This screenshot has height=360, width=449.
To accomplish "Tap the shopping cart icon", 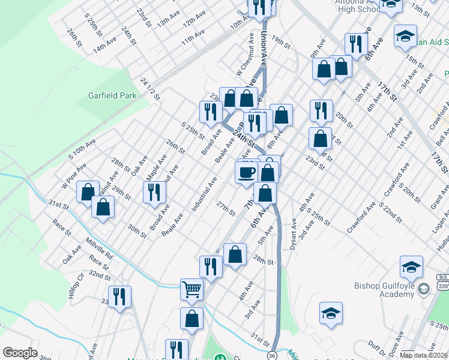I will click(191, 289).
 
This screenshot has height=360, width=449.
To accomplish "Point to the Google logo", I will click(20, 353).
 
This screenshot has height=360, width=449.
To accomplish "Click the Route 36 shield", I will click(272, 355).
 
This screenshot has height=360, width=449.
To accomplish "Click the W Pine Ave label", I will click(74, 174).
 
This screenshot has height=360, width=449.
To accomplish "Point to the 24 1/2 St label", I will click(149, 88).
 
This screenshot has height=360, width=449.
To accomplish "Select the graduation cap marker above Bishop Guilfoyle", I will click(412, 267).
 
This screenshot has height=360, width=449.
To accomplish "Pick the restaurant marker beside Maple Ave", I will click(154, 192).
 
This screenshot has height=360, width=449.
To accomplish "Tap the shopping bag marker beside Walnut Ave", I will click(88, 192).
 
